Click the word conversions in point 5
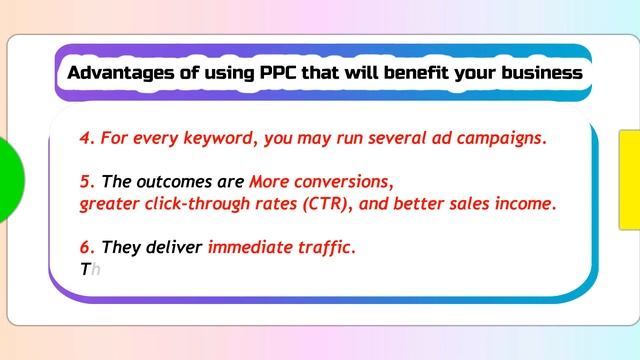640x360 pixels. tap(343, 182)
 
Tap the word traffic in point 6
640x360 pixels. tap(324, 247)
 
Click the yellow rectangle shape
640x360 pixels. tap(629, 179)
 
